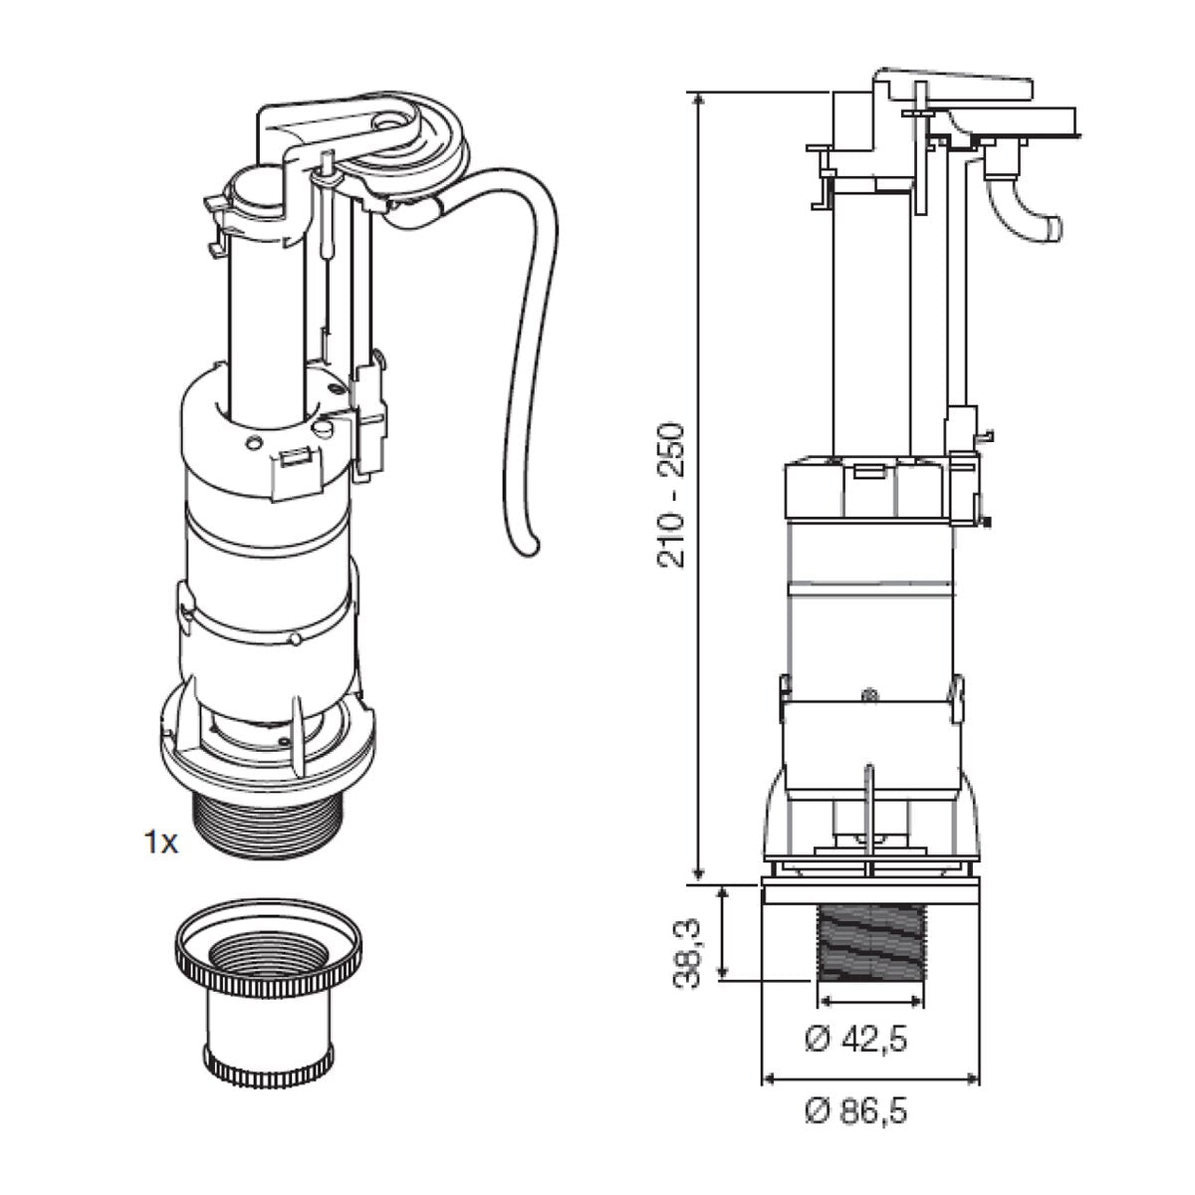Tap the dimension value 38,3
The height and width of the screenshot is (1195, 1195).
click(687, 953)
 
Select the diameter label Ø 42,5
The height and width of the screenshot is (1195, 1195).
click(855, 1040)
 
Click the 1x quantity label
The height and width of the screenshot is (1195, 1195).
click(159, 843)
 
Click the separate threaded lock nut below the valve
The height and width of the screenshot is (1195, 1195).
click(266, 996)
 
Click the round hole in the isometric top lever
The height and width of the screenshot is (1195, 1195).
click(385, 123)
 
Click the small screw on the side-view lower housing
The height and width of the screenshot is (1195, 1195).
click(868, 694)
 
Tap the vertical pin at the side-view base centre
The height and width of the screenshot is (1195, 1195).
click(868, 807)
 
